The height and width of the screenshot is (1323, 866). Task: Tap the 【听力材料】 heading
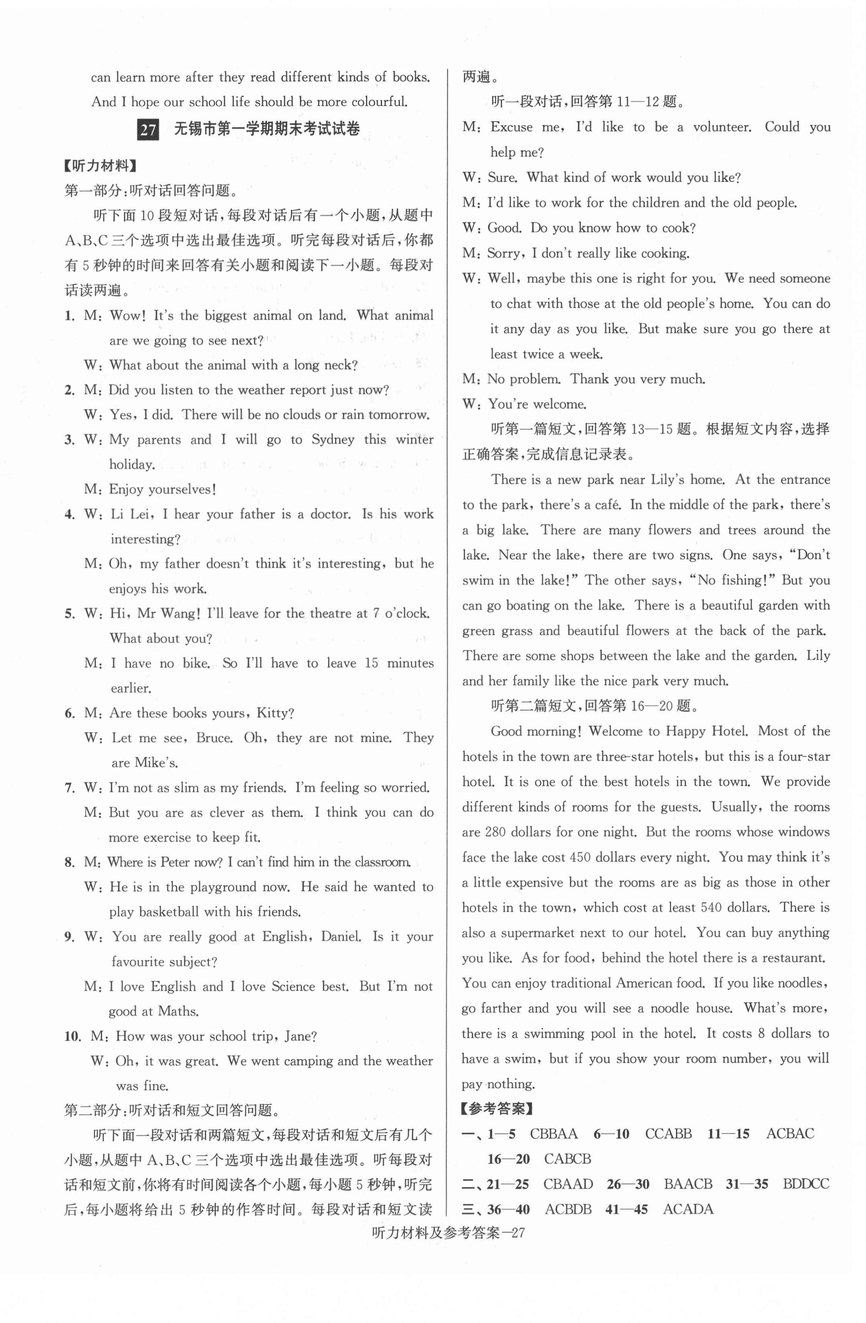tap(101, 166)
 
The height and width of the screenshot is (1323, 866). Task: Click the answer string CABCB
tap(567, 1159)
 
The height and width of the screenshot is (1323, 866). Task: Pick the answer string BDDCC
tap(806, 1185)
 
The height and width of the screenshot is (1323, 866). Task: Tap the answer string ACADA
tap(688, 1210)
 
